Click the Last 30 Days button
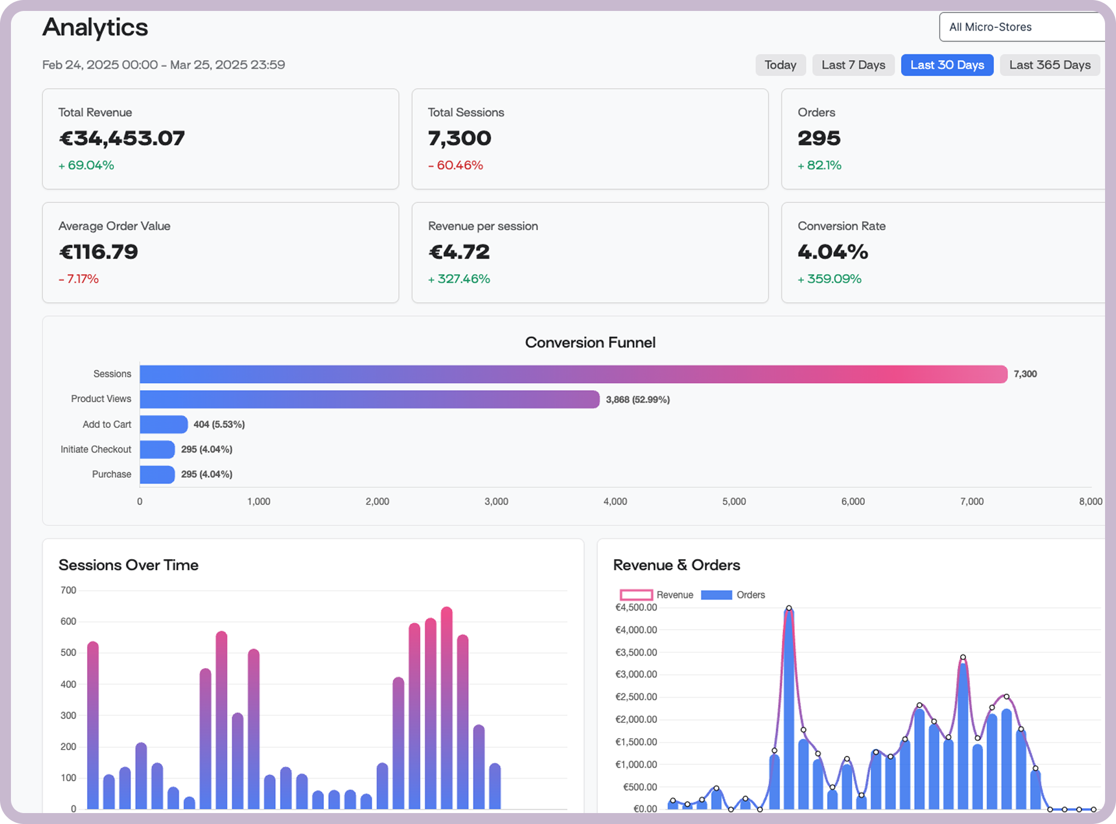click(x=947, y=65)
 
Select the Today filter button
click(x=780, y=65)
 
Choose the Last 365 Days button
click(x=1049, y=65)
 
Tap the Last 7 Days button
click(x=853, y=65)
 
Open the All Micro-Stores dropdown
click(x=1021, y=27)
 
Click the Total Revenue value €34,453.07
click(x=121, y=138)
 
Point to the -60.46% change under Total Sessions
click(x=455, y=165)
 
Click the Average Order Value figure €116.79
click(x=98, y=252)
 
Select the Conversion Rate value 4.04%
click(x=833, y=252)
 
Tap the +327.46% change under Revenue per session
click(x=459, y=279)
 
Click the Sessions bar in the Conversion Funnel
click(x=573, y=374)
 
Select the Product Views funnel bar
click(x=369, y=399)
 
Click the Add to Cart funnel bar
click(x=164, y=425)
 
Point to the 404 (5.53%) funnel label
click(x=219, y=425)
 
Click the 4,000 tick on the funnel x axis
click(x=615, y=502)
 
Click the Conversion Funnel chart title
click(x=590, y=343)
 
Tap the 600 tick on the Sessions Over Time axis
click(x=68, y=622)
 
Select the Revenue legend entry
click(x=656, y=595)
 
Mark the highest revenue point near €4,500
click(x=788, y=608)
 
